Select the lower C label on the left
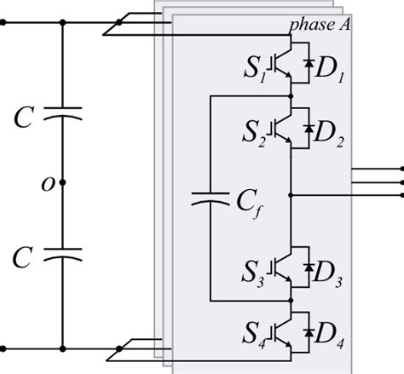[23, 254]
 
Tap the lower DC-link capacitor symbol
[63, 254]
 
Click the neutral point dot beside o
[63, 183]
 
